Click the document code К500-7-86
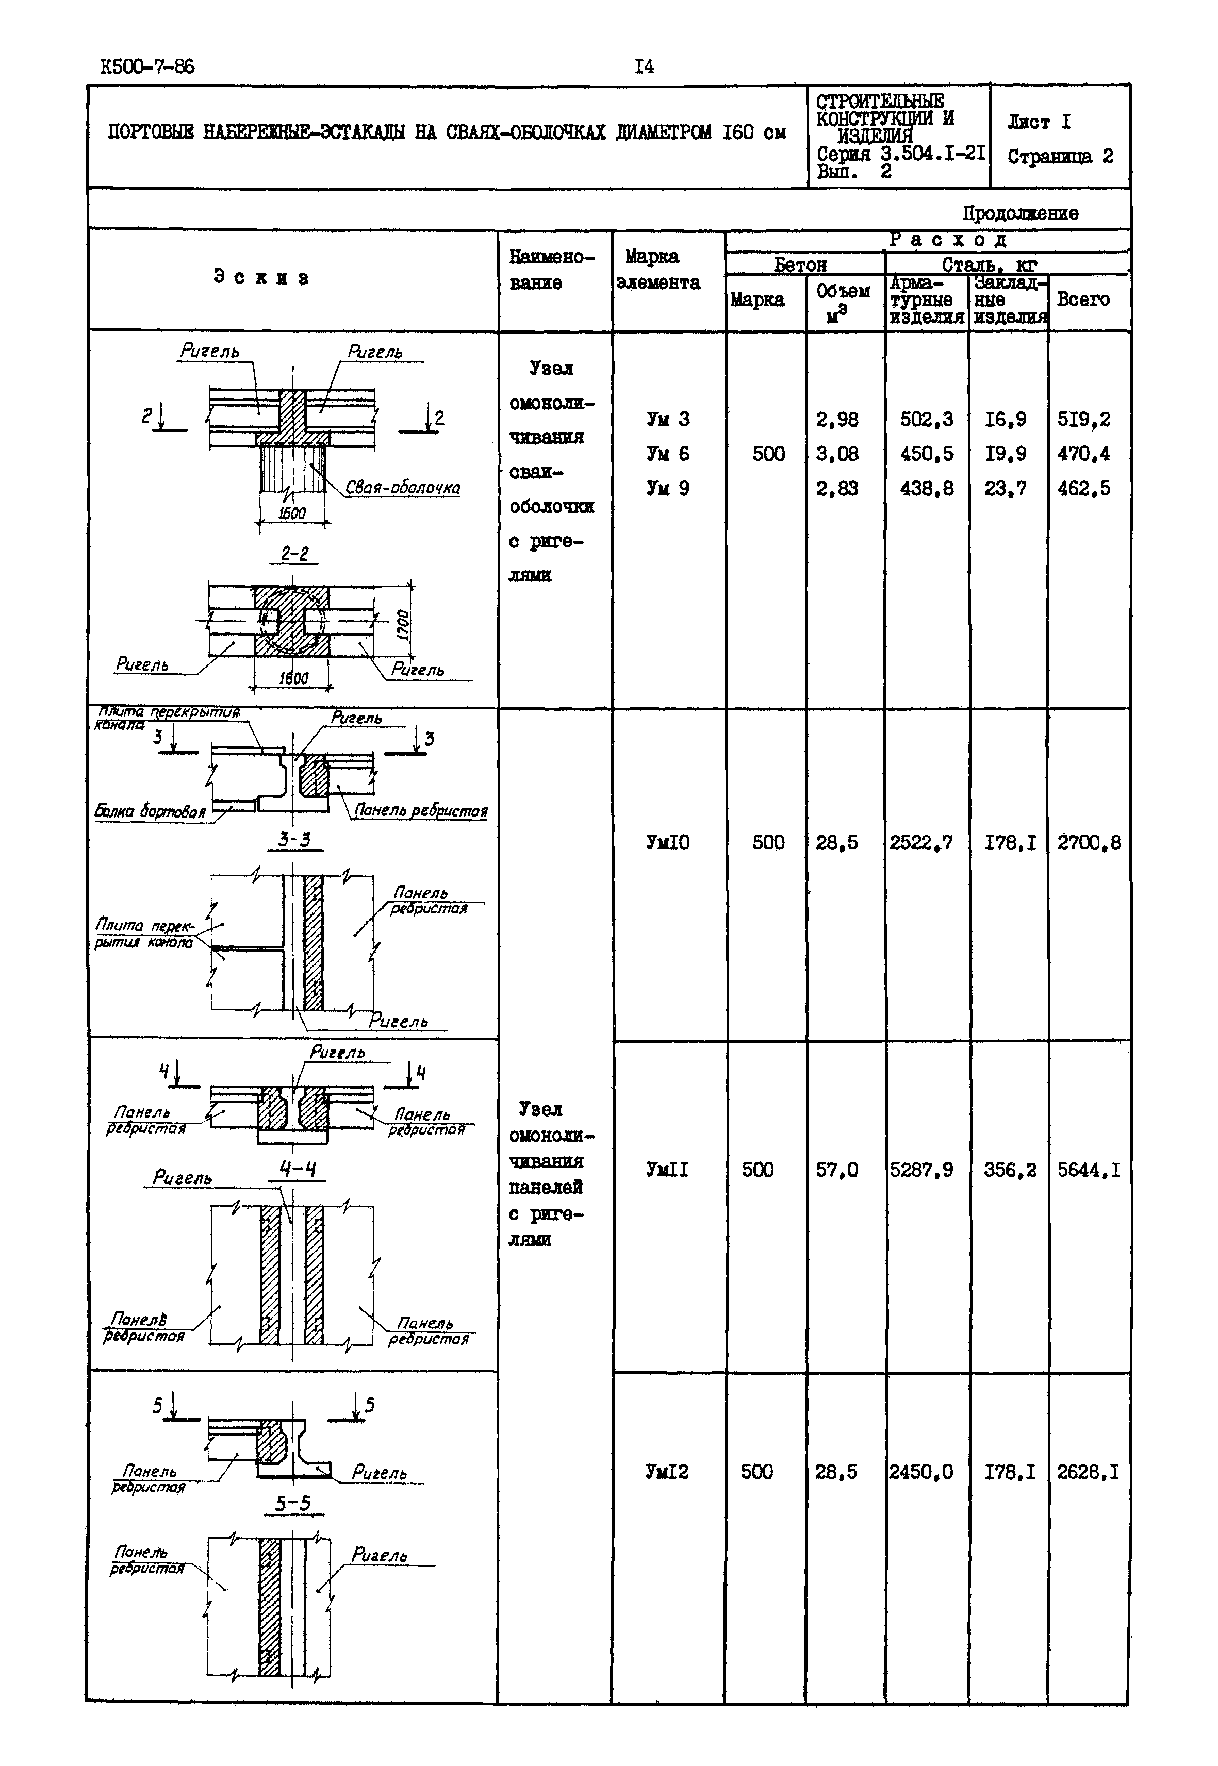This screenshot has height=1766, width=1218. point(147,67)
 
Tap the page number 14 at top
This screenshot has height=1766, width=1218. point(644,67)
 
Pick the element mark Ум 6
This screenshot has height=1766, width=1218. point(668,455)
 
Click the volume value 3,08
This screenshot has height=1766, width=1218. point(837,455)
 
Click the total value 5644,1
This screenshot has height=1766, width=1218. point(1088,1170)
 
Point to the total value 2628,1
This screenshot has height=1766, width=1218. point(1088,1472)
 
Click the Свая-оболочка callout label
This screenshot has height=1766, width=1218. point(402,488)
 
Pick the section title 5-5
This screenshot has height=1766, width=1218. point(293,1504)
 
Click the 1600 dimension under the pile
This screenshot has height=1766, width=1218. point(292,513)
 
